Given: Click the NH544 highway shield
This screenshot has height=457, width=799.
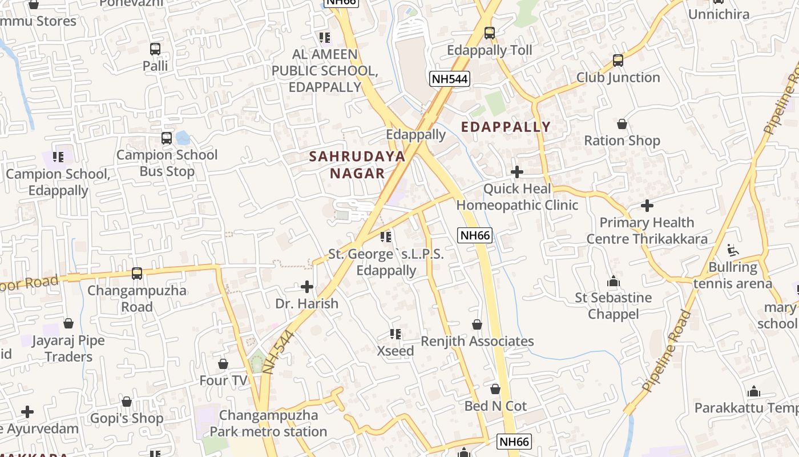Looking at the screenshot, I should coord(450,79).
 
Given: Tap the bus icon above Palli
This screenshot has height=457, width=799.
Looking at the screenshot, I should coord(155,49).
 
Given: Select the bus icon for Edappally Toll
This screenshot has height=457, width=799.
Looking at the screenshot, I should coord(489,33).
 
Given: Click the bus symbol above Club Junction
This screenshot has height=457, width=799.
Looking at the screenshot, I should coord(618,61).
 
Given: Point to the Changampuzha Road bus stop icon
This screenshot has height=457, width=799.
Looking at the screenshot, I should coord(137,274).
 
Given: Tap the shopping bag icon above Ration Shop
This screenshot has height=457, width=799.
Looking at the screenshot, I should coord(622,124).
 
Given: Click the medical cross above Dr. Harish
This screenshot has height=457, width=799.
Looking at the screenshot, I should coord(307,286).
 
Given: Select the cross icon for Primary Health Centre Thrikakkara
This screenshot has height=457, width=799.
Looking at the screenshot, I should coord(647,206).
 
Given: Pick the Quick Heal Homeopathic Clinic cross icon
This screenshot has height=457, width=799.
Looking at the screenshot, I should coord(517,171).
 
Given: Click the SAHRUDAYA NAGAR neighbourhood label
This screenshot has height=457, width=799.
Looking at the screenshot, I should coord(357,165).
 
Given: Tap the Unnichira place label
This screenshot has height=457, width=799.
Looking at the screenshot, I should coord(719,14).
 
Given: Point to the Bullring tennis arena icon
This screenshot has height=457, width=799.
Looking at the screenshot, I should coord(733,250).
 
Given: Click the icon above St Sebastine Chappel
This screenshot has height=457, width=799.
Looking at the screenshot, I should coord(614,281).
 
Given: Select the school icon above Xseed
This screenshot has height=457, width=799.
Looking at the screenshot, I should coord(395,334).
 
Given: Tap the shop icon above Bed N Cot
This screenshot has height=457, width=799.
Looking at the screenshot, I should coord(495,389).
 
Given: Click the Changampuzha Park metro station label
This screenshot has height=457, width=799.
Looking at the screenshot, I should coord(268,423).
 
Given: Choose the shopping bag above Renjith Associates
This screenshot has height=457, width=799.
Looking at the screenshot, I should coord(477,324).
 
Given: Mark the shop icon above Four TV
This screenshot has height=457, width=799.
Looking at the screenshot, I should coord(223,364).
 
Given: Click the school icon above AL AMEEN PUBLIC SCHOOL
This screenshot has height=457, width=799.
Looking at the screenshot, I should coord(325,38).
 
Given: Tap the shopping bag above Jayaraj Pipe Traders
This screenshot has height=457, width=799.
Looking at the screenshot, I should coord(68,324).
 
